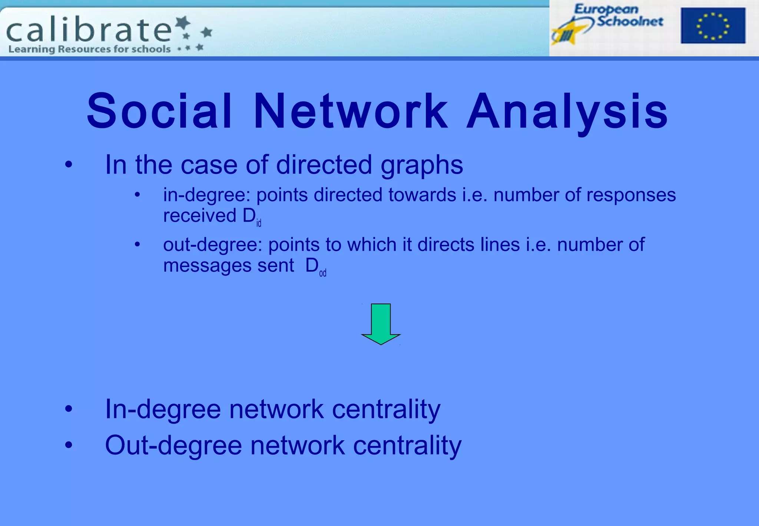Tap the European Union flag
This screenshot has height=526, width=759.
(x=713, y=26)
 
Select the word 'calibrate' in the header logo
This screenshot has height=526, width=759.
(x=89, y=30)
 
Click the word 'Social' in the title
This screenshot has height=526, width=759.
(x=160, y=111)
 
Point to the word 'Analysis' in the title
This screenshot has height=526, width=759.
(x=567, y=111)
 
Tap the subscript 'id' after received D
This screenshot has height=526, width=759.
(x=259, y=223)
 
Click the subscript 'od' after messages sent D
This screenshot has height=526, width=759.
(x=322, y=273)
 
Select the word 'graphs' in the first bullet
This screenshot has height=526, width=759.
(x=422, y=165)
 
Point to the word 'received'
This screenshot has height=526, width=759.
(x=199, y=216)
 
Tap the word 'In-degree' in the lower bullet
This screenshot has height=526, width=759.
(x=163, y=409)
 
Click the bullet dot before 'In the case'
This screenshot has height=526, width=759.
(x=69, y=164)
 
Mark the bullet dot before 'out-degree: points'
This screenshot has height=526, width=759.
(x=137, y=244)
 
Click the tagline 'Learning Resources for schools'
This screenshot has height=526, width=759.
(x=89, y=49)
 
